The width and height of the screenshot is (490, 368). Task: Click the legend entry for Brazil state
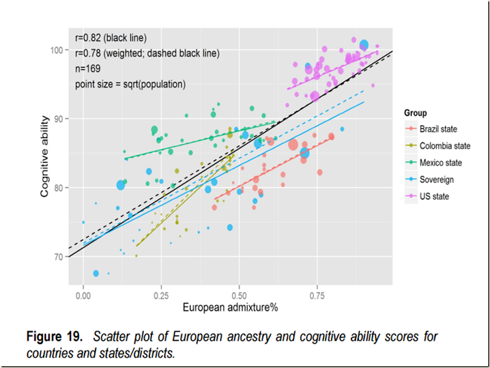(x=438, y=129)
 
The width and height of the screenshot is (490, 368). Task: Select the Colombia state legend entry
(x=445, y=146)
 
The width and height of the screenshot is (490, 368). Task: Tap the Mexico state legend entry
(x=440, y=163)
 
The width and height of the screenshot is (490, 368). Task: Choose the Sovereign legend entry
(x=436, y=180)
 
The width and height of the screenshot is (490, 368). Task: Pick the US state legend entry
(x=434, y=196)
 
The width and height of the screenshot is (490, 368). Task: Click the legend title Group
(x=415, y=113)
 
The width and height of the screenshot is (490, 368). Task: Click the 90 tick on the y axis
(x=58, y=118)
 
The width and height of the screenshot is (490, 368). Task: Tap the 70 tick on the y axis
(x=58, y=256)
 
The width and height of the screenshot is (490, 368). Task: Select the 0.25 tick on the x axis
(x=161, y=294)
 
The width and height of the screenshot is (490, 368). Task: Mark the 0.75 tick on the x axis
(x=317, y=294)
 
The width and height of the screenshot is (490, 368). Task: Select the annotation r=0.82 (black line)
(x=110, y=37)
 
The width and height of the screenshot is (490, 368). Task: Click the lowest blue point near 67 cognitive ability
(x=96, y=273)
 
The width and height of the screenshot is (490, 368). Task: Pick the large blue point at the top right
(x=364, y=44)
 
